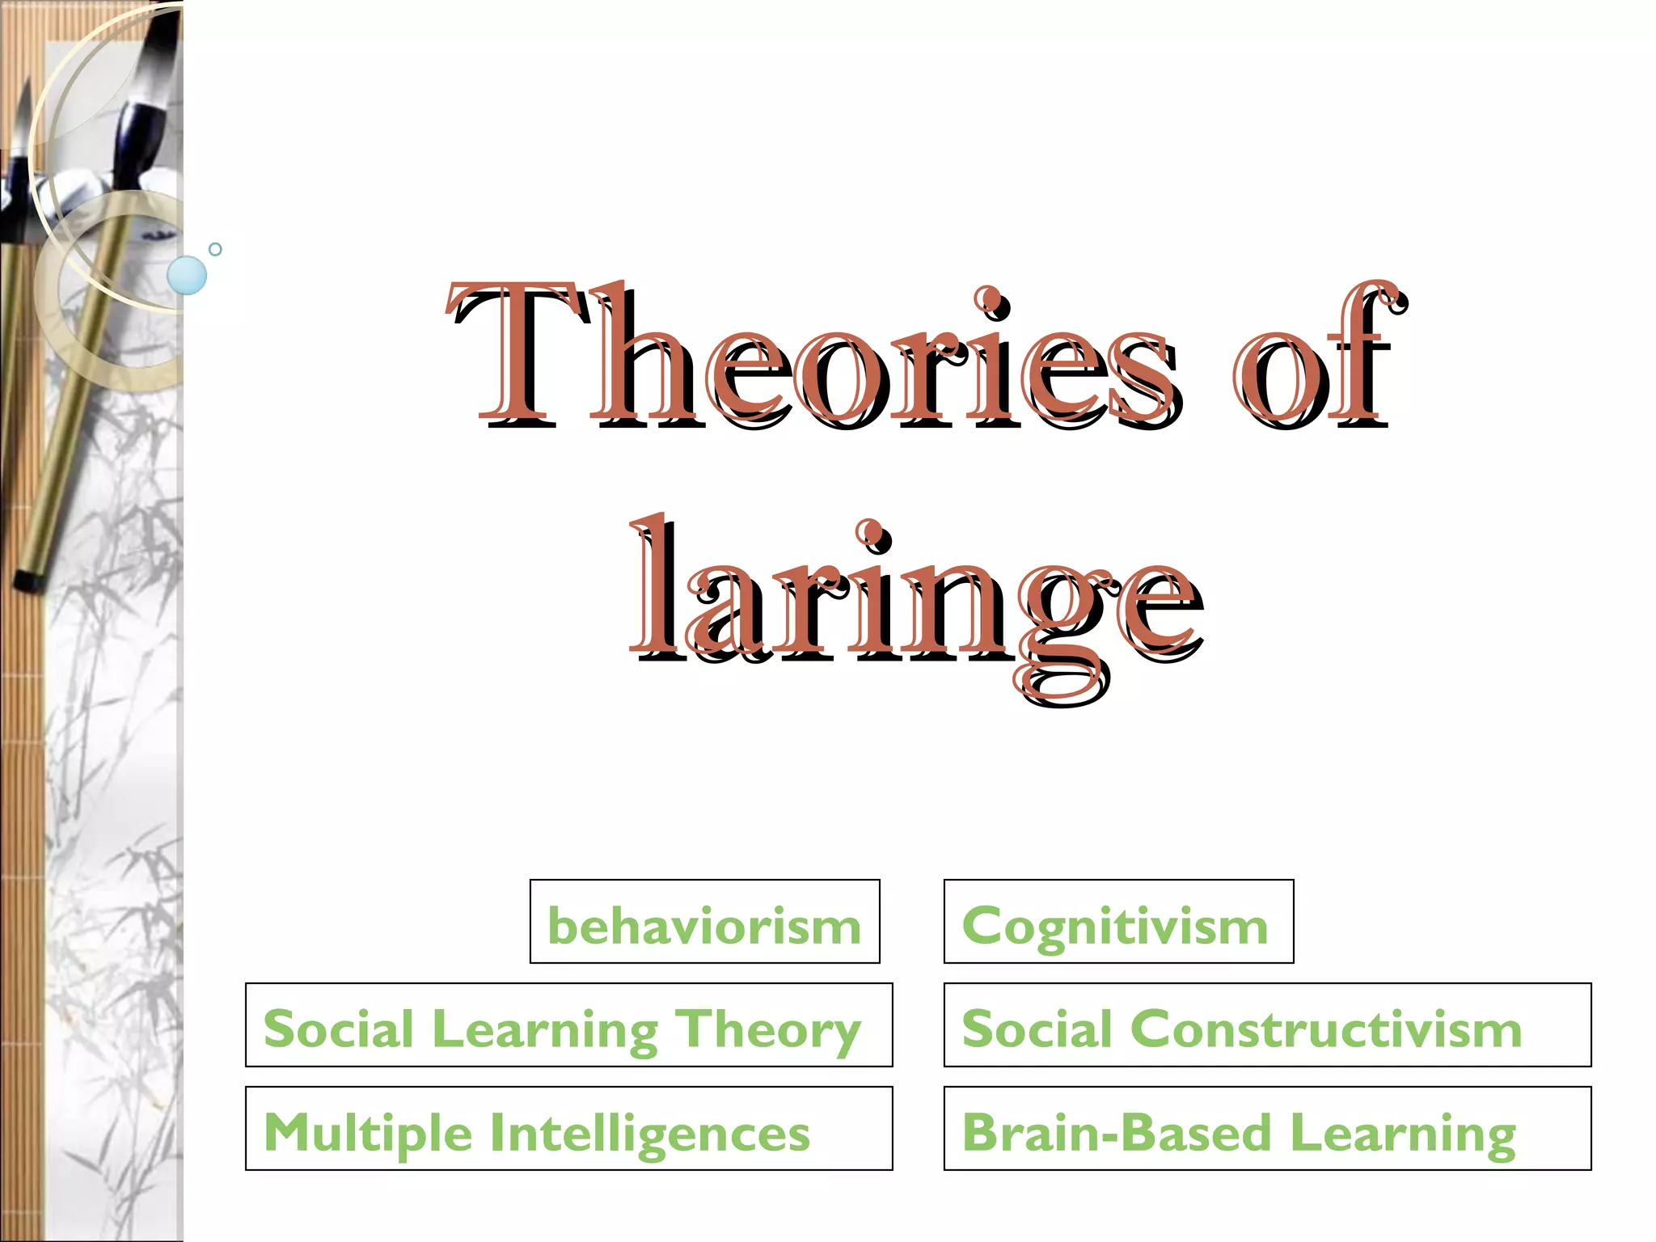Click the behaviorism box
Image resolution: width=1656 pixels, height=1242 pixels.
704,922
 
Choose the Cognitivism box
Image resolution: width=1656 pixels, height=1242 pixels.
1118,922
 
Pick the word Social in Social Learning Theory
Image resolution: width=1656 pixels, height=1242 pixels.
339,1029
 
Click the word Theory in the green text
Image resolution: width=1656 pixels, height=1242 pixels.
768,1030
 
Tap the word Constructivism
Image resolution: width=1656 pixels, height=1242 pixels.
1326,1029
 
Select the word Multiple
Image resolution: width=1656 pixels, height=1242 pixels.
368,1132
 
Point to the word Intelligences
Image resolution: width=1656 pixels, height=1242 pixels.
650,1132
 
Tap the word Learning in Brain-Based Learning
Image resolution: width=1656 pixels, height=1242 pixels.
1403,1133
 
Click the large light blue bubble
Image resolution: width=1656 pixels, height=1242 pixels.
187,275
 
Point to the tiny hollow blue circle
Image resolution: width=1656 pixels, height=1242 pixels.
215,249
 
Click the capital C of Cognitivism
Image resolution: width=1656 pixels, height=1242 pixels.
983,923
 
